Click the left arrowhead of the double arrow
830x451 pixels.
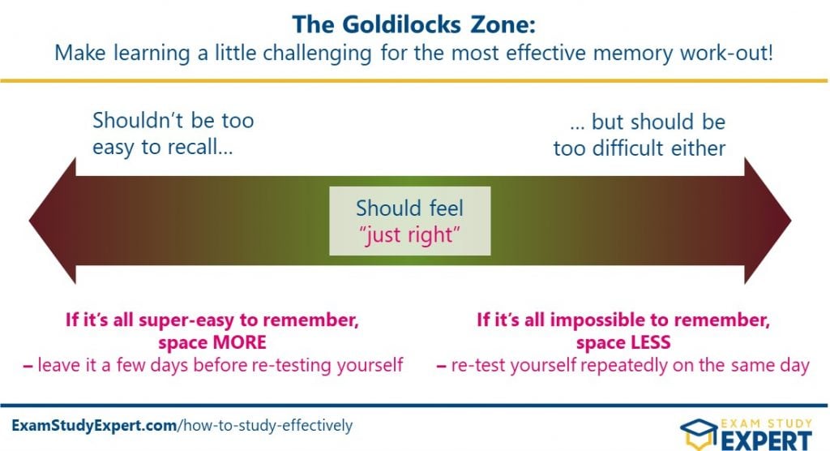coord(53,221)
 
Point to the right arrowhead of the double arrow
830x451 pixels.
coord(768,221)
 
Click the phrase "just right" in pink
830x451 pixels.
coord(409,234)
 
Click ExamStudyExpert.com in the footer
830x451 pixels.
coord(94,425)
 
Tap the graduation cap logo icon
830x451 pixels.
coord(700,433)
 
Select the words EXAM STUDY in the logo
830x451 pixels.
coord(767,423)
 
